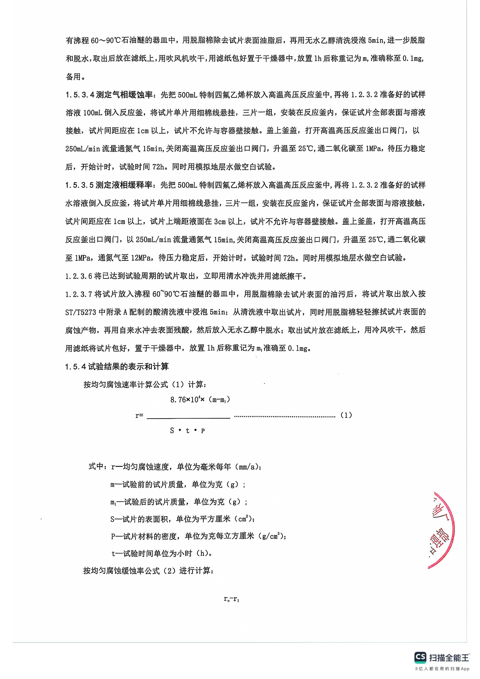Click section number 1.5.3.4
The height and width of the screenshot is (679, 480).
80,95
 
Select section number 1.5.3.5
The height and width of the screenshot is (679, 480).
80,185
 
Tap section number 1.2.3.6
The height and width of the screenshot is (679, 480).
79,276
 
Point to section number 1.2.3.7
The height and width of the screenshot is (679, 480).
79,294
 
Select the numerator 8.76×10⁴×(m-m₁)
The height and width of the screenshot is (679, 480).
200,400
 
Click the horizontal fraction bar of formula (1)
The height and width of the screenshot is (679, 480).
188,418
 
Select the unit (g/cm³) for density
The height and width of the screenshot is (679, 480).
272,536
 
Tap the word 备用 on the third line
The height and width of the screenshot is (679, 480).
73,77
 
